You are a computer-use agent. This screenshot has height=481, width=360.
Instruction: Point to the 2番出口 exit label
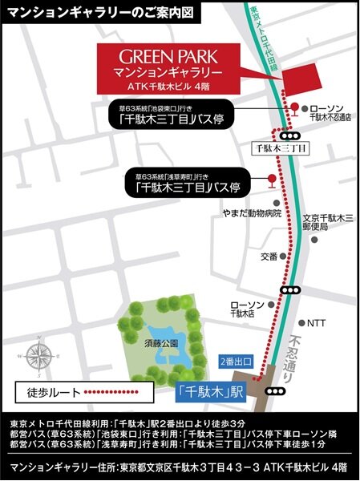[x=233, y=362]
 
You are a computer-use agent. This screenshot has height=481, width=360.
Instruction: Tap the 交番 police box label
[x=268, y=257]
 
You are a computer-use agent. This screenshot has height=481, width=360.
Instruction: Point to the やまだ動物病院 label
[x=252, y=214]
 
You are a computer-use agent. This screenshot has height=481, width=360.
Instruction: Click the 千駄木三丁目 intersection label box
[x=279, y=148]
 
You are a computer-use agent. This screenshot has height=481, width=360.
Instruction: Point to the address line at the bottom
[x=180, y=467]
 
